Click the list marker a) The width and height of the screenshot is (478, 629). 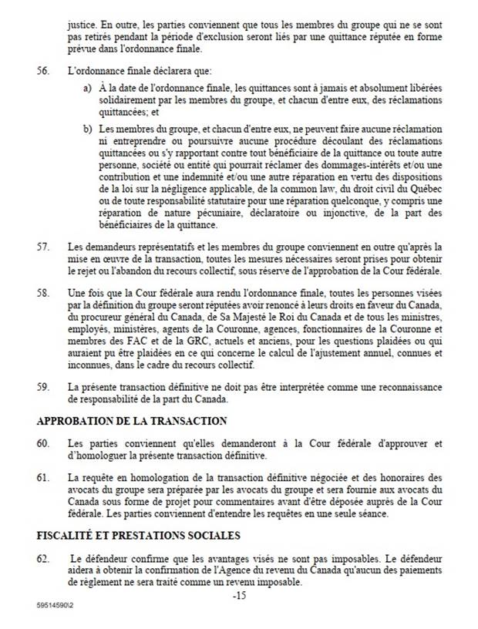pyautogui.click(x=87, y=90)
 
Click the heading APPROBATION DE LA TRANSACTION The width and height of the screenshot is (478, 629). pyautogui.click(x=132, y=421)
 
